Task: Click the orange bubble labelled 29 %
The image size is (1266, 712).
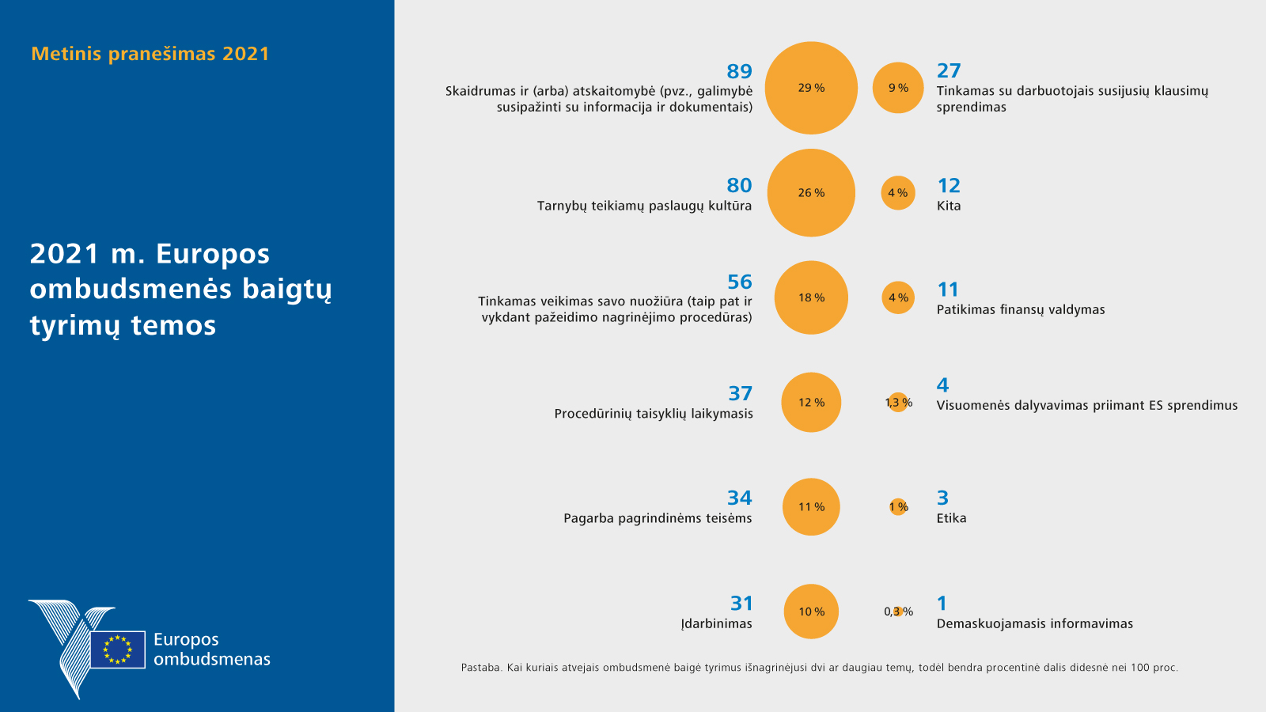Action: point(811,88)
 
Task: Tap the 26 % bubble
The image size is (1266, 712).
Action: point(811,193)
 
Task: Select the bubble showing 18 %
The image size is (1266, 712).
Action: point(811,297)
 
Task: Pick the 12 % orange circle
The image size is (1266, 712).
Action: point(811,402)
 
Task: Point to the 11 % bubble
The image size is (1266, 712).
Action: point(811,507)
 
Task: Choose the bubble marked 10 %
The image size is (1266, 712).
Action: point(811,612)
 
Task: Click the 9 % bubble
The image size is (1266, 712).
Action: point(898,88)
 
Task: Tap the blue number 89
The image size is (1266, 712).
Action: point(739,71)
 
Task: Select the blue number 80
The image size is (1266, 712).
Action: point(739,185)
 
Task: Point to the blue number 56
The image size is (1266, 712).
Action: point(739,282)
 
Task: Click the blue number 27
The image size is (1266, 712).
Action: point(949,71)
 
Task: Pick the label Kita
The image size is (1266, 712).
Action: point(949,206)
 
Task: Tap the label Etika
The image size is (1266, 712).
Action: point(951,518)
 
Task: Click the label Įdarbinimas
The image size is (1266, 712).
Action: point(716,623)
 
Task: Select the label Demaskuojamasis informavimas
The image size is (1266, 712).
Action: point(1034,623)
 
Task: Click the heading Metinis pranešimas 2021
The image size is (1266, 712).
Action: point(150,54)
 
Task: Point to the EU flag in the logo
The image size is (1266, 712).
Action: point(118,650)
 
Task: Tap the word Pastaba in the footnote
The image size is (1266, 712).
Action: point(480,668)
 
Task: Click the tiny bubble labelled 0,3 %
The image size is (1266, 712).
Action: point(898,612)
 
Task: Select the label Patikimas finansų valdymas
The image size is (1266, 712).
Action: point(1021,309)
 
